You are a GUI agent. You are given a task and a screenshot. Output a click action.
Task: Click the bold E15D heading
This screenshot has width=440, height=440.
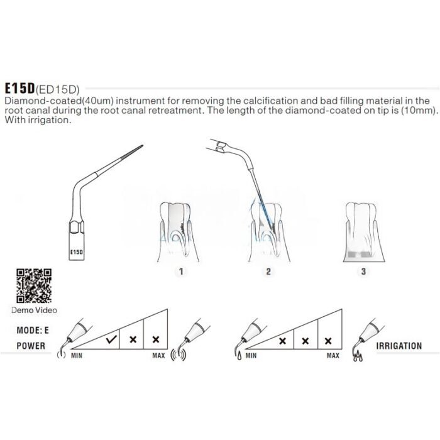pyautogui.click(x=19, y=89)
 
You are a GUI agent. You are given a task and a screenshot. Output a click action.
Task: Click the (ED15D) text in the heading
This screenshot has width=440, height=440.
pyautogui.click(x=58, y=89)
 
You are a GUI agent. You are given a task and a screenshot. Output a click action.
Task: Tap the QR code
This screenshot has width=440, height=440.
pyautogui.click(x=34, y=285)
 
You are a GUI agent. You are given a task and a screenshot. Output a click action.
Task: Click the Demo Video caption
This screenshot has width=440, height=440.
pyautogui.click(x=34, y=310)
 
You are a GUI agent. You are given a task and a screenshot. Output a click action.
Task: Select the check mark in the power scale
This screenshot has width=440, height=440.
pyautogui.click(x=111, y=339)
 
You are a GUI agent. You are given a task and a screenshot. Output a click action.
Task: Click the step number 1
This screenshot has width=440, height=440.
pyautogui.click(x=181, y=272)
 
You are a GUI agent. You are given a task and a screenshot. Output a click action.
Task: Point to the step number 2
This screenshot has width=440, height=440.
pyautogui.click(x=268, y=272)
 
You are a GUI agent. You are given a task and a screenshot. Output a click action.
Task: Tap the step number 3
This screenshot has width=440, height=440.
pyautogui.click(x=363, y=272)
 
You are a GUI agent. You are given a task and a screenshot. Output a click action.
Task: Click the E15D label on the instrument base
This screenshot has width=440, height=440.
pyautogui.click(x=76, y=252)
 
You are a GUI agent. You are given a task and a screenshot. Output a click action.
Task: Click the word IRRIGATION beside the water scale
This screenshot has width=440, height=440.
pyautogui.click(x=399, y=346)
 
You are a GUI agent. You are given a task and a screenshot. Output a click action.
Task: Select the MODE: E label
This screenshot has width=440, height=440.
pyautogui.click(x=33, y=330)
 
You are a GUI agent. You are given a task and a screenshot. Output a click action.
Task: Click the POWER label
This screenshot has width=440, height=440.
pyautogui.click(x=31, y=346)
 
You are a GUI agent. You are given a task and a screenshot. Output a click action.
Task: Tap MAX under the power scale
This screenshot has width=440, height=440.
pyautogui.click(x=158, y=356)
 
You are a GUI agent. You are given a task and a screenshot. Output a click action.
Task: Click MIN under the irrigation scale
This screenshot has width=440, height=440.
pyautogui.click(x=251, y=356)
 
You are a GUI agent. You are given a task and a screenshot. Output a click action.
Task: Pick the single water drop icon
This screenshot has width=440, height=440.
pyautogui.click(x=239, y=356)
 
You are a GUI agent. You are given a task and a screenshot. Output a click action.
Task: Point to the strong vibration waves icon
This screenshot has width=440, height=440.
pyautogui.click(x=179, y=356)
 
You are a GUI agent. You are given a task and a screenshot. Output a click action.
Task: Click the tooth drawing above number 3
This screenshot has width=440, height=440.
pyautogui.click(x=364, y=232)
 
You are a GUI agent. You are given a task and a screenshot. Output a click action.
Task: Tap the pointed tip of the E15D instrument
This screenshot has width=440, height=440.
pyautogui.click(x=143, y=145)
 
